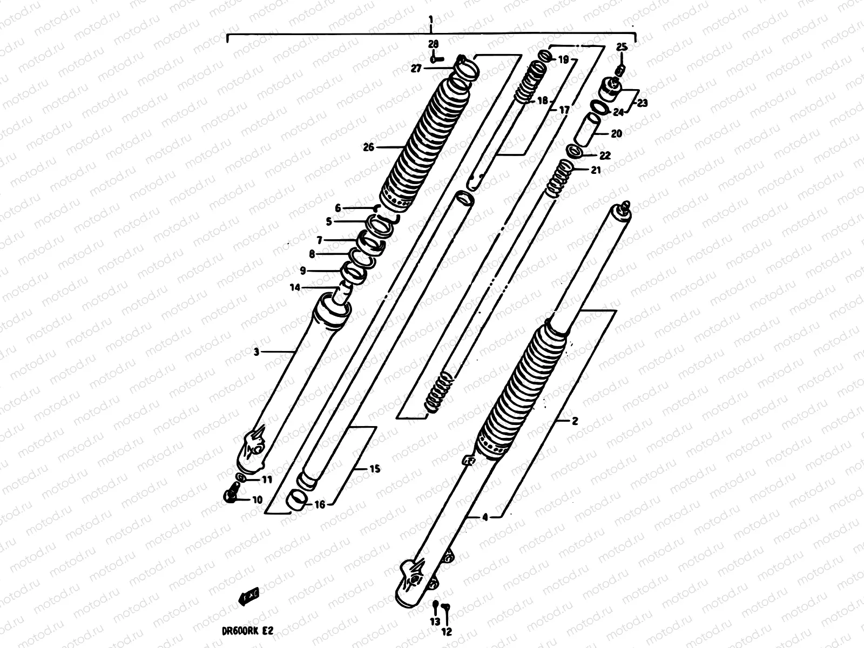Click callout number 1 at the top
430,20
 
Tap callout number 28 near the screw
434,44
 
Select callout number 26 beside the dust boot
369,146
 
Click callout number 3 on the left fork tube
256,352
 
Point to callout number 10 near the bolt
257,500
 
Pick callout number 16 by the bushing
320,504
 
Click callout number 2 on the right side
575,421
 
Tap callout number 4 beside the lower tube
484,517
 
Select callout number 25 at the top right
622,48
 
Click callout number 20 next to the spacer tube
616,133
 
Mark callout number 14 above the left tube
295,287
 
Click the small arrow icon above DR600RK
249,596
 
